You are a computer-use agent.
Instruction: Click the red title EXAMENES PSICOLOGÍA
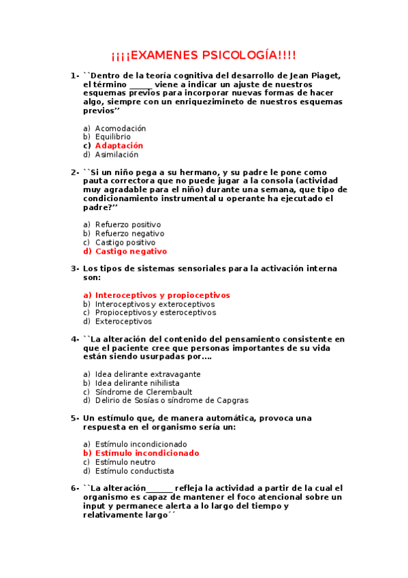[204, 55]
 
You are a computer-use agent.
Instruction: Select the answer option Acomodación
[121, 128]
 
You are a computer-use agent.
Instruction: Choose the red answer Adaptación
[119, 146]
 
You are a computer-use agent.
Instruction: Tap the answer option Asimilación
[116, 155]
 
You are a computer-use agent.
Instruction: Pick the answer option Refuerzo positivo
[128, 224]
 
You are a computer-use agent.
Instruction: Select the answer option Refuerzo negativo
[129, 233]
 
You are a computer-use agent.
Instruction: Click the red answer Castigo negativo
[131, 252]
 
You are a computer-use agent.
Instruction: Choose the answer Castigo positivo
[125, 242]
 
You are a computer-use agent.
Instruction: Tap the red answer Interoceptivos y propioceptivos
[162, 295]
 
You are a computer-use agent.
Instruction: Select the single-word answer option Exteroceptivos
[124, 322]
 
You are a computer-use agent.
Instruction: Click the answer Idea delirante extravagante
[148, 374]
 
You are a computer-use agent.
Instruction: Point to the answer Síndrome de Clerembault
[144, 392]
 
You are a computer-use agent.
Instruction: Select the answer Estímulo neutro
[125, 462]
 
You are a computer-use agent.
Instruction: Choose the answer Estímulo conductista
[134, 471]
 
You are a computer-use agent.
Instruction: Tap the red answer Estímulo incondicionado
[147, 453]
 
